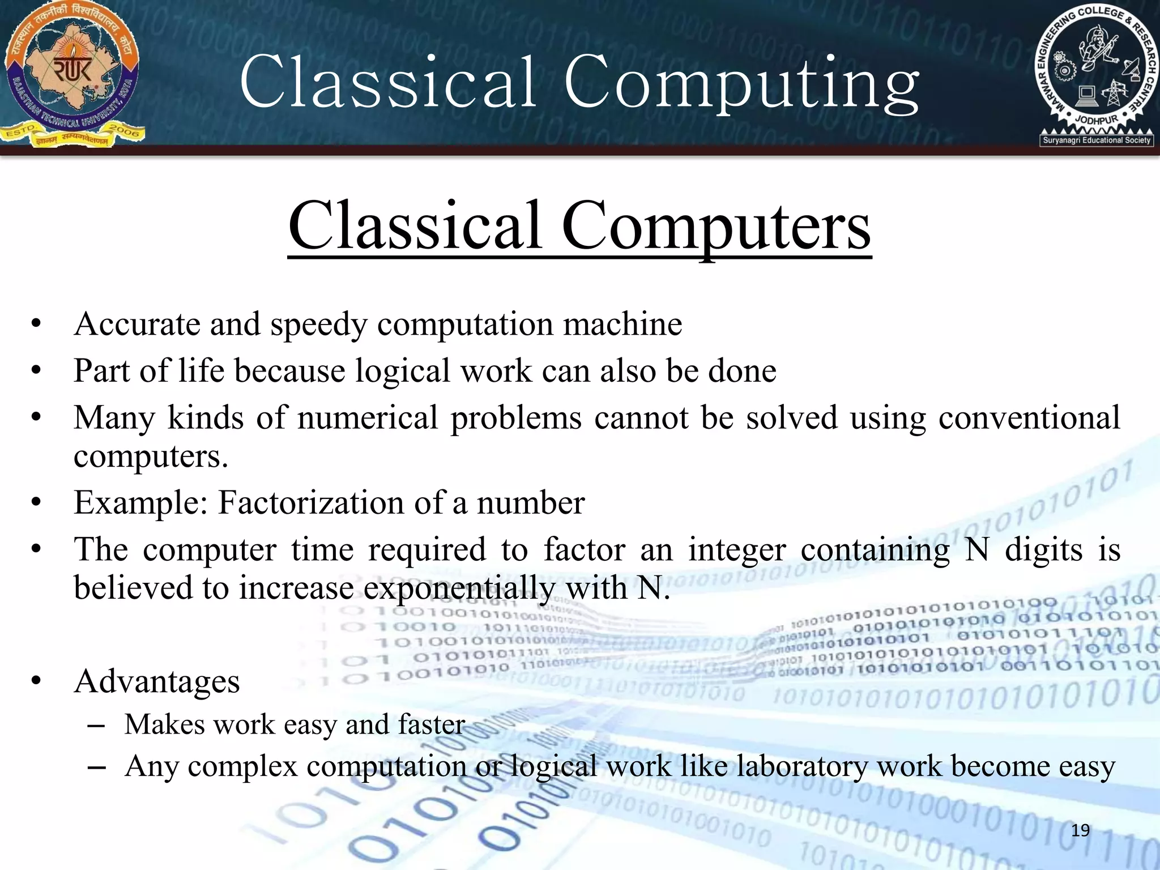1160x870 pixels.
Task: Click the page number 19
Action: coord(1081,830)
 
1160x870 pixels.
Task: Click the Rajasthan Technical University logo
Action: coord(72,74)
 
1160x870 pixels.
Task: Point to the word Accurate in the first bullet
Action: coord(137,325)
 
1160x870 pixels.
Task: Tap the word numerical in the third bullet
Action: coord(368,418)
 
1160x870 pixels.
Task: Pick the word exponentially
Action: coord(459,588)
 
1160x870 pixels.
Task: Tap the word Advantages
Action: coord(157,681)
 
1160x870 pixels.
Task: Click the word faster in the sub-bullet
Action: coord(432,724)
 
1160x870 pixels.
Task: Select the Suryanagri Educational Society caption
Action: coord(1097,140)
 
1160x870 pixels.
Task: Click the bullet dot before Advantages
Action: coord(37,681)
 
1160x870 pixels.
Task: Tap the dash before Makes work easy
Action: coord(97,726)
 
